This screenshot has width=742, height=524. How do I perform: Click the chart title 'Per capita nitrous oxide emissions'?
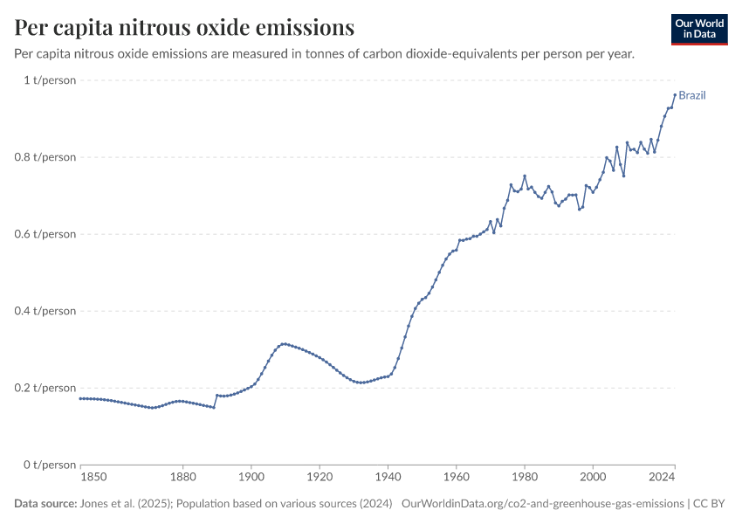coord(184,27)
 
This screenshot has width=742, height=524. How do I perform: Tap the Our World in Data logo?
coord(698,29)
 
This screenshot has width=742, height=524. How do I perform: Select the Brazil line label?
coord(692,95)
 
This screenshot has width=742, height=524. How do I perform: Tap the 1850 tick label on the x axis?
coord(93,478)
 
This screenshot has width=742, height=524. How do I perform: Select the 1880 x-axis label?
coord(182,478)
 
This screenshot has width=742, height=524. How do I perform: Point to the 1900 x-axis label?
coord(251,478)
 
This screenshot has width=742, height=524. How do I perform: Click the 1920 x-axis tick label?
coord(319,478)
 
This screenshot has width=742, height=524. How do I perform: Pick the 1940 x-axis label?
coord(388,478)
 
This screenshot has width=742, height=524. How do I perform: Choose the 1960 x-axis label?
coord(456,478)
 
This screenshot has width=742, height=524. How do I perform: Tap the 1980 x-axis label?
coord(524,478)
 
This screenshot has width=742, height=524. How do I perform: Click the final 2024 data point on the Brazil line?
coord(675,95)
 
